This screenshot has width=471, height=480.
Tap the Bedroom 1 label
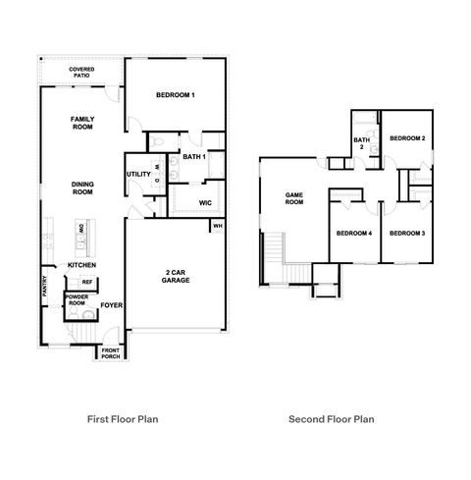click(x=176, y=95)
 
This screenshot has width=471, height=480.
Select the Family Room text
click(x=81, y=123)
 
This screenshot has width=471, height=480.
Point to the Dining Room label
click(x=81, y=187)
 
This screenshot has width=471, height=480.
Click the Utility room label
click(x=137, y=175)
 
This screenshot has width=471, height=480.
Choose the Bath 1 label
click(x=193, y=157)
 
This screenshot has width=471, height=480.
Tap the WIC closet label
click(x=205, y=203)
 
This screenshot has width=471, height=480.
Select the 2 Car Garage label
click(x=177, y=276)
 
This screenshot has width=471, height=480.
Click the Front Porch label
click(x=110, y=353)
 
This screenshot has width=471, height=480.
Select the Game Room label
click(x=293, y=198)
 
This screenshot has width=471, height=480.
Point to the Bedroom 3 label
click(x=406, y=233)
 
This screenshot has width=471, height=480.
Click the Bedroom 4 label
click(x=353, y=233)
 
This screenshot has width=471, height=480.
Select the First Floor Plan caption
click(x=123, y=418)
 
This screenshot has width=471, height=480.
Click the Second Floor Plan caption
click(x=332, y=418)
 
